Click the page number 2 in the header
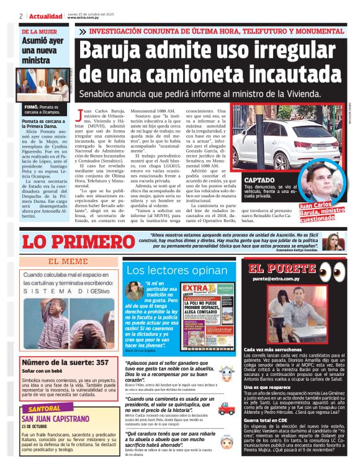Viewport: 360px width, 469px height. tap(21, 16)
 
